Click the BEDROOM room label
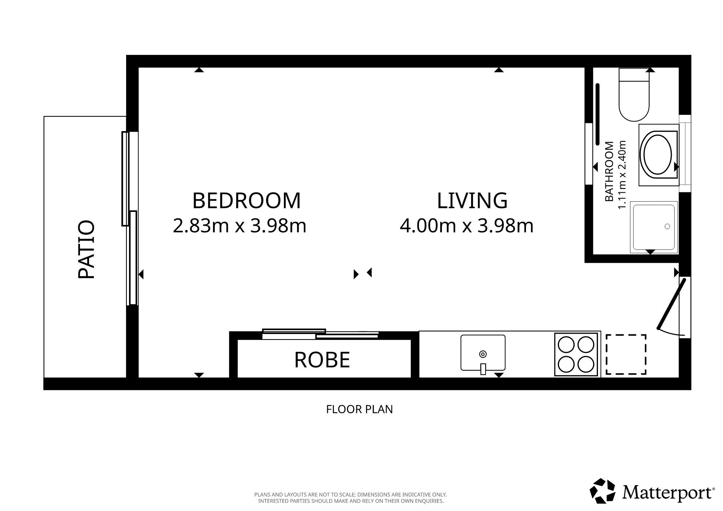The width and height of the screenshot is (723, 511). coord(246,201)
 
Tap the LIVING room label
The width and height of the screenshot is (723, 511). coord(472,201)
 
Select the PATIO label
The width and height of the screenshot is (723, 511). coord(87,249)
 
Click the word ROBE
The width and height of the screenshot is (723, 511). coord(322,360)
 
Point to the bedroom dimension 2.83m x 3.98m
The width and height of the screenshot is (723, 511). coord(240,226)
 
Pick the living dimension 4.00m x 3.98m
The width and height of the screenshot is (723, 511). coord(467,226)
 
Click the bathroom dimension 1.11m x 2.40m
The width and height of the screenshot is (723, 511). coord(622,175)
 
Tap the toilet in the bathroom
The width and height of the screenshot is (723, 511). coord(634,94)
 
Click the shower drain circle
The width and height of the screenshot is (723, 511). coord(667,226)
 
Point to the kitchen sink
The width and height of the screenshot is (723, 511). coord(483,353)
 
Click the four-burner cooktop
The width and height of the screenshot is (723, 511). coord(576,354)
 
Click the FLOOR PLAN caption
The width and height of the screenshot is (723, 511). coord(360,409)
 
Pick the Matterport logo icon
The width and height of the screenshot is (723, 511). coord(602,491)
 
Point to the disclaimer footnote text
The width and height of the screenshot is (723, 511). coord(350,498)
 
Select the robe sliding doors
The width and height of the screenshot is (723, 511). coord(321,334)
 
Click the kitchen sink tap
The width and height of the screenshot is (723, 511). coord(483,369)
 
